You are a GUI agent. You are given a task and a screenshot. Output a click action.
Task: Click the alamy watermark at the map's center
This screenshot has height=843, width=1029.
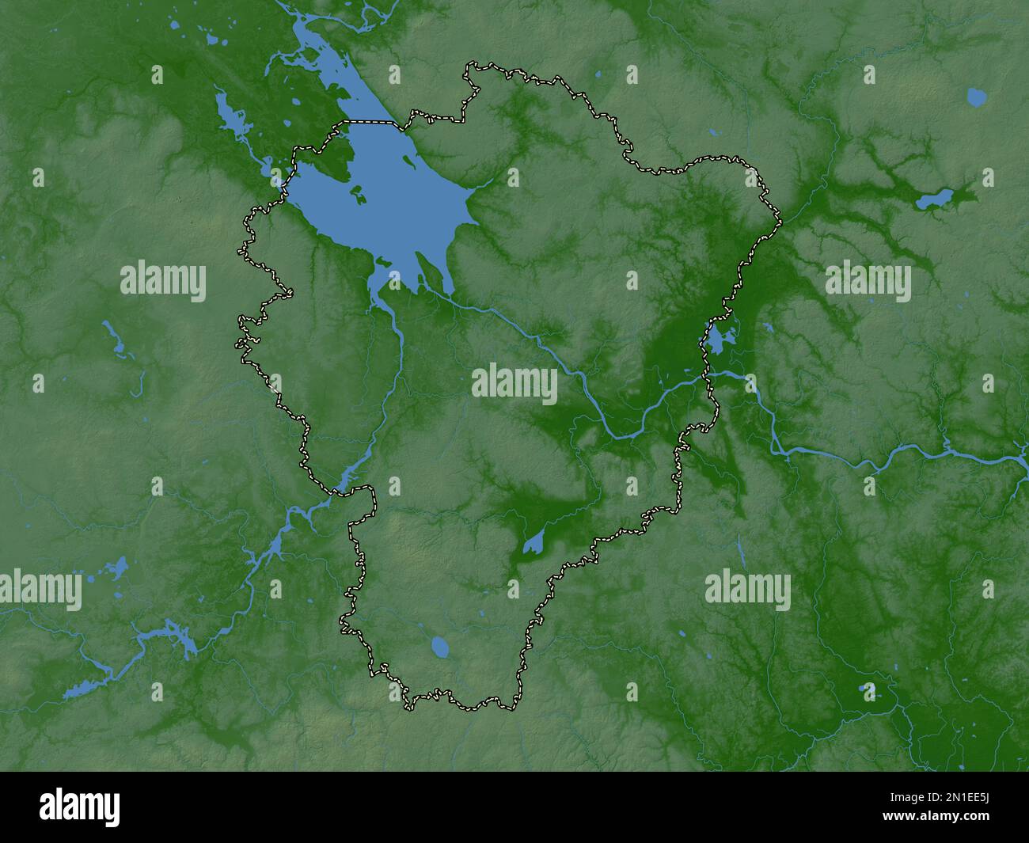coord(514,384)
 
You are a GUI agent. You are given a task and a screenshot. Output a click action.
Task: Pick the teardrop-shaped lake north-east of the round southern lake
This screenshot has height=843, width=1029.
coord(533,543)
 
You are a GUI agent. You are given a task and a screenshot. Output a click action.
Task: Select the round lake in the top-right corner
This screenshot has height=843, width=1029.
coord(977,97)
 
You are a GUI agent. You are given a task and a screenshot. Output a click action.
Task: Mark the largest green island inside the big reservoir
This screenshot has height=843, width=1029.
coord(356,192)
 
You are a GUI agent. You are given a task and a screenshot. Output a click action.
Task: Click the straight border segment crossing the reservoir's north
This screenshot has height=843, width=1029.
coord(368,122)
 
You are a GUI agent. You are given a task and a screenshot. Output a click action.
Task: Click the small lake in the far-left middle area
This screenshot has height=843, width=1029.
coord(116,339)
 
